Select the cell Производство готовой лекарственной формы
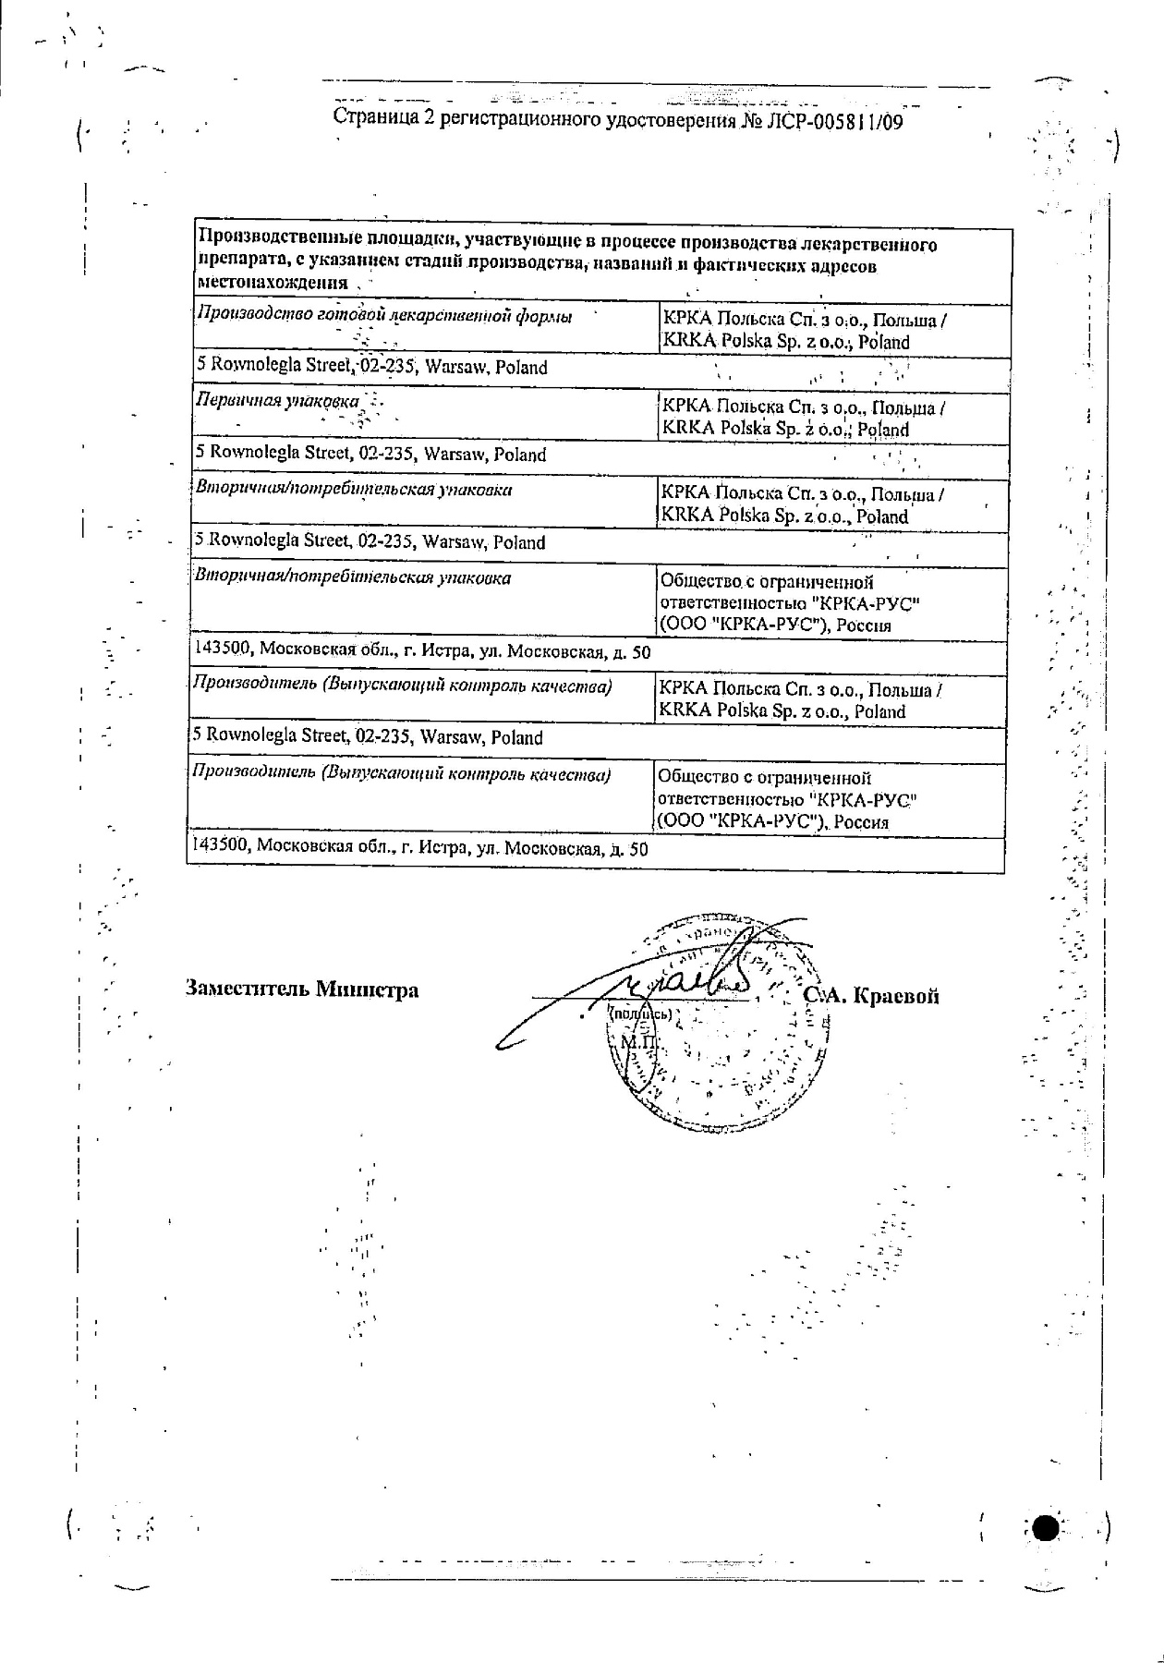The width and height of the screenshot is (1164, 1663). coord(384,316)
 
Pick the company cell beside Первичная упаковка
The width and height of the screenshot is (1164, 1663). coord(801,419)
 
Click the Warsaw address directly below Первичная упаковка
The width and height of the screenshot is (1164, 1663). coord(371,455)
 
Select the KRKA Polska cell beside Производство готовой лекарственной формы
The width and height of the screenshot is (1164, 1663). coord(801,331)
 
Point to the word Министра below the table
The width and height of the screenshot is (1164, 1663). coord(367,989)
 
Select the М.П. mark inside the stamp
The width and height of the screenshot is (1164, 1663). coord(637,1042)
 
